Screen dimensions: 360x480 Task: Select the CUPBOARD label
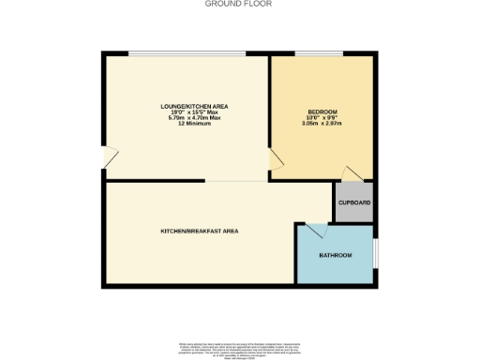click(x=353, y=202)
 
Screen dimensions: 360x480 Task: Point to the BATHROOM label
click(x=335, y=256)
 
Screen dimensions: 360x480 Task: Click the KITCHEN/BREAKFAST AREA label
click(x=198, y=230)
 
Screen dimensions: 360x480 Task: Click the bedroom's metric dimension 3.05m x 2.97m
click(x=322, y=123)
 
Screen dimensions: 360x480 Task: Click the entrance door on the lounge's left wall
click(x=109, y=158)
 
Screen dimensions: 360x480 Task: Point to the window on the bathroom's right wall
click(x=375, y=253)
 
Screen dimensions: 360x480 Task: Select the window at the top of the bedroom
click(x=306, y=53)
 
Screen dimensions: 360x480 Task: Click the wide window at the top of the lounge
click(x=187, y=53)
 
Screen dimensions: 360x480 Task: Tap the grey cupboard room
click(x=353, y=202)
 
